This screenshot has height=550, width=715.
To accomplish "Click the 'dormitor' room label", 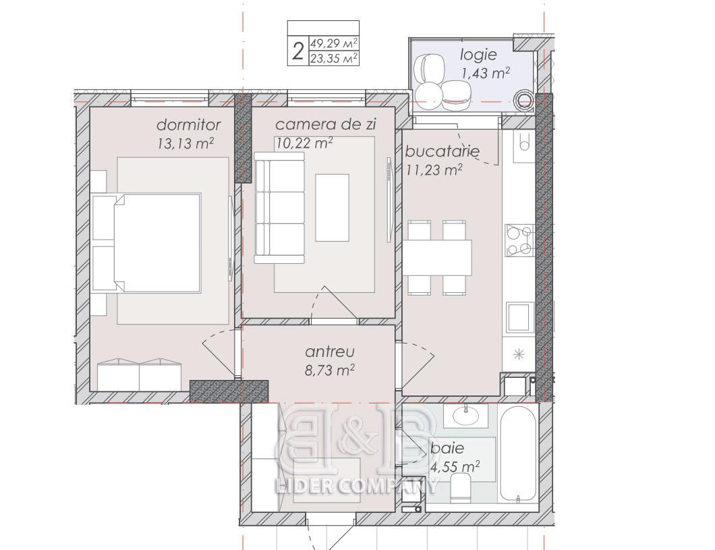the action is click(188, 124).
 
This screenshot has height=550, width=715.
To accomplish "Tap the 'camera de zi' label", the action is click(326, 124).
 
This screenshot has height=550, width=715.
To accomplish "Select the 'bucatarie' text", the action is click(442, 151).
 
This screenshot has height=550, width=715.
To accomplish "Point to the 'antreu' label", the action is click(330, 352).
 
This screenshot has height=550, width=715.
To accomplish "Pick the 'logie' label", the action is click(478, 55).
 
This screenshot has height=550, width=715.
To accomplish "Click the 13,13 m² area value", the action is click(185, 143).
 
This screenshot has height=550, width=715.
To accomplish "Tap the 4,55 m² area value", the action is click(455, 466).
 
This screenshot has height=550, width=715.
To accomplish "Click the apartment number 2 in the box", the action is click(297, 51).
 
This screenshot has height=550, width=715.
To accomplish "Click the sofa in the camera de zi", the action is click(279, 207).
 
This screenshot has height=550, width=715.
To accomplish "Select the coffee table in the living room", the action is click(332, 207).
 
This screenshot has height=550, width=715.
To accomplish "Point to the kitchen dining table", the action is click(437, 257).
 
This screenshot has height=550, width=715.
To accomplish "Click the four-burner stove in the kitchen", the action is click(519, 240).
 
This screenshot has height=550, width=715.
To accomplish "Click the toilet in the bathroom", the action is click(460, 487).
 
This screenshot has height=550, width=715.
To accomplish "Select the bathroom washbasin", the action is click(467, 415).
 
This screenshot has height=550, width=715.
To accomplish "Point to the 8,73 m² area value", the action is click(330, 370).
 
